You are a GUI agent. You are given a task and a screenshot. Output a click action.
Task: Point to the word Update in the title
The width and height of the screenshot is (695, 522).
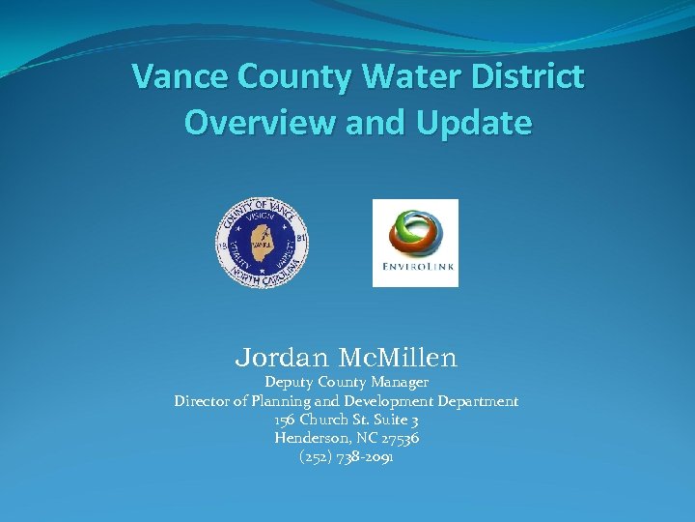tap(475, 123)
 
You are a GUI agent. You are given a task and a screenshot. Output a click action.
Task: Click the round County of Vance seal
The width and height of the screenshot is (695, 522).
tap(262, 243)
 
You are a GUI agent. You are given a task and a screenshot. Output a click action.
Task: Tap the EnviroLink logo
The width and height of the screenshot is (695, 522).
tap(415, 243)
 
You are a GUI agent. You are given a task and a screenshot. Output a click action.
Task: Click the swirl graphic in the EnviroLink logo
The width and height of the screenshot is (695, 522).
tap(415, 232)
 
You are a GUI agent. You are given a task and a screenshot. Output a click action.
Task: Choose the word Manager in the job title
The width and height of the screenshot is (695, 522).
tap(395, 383)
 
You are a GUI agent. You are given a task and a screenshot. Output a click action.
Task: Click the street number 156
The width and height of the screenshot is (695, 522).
tap(285, 420)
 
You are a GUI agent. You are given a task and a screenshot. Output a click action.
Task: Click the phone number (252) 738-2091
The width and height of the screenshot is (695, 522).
tap(347, 456)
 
